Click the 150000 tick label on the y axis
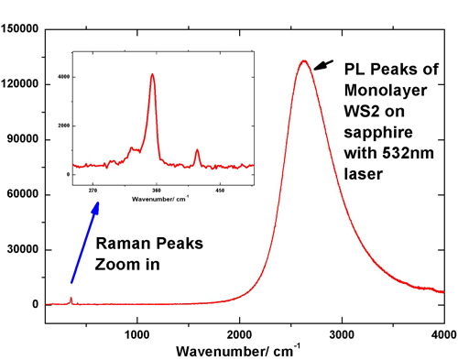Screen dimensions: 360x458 click(20, 29)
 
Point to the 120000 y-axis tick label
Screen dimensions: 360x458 click(20, 84)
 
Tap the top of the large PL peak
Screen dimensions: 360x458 click(303, 61)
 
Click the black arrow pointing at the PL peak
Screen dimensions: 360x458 click(322, 65)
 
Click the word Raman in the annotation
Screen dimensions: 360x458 click(125, 245)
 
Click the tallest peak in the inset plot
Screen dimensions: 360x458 click(153, 75)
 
